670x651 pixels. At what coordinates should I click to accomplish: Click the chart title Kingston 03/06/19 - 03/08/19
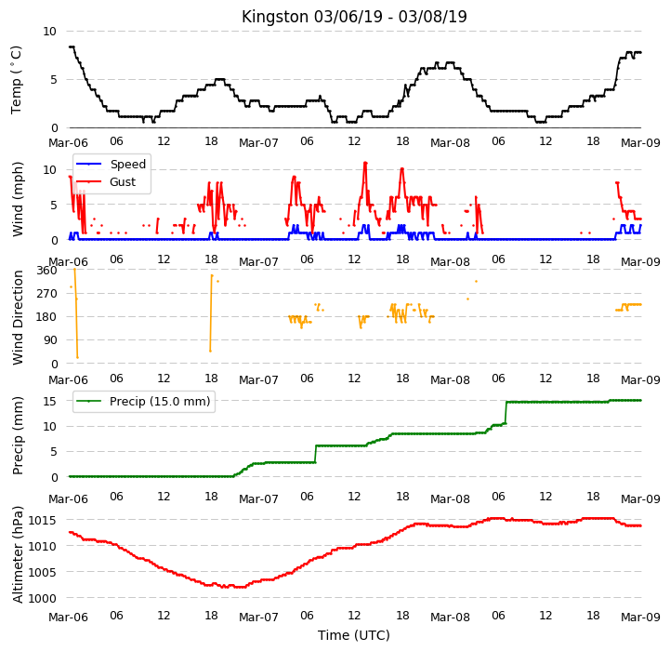(x=354, y=17)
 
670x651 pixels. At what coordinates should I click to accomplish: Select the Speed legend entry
(x=111, y=165)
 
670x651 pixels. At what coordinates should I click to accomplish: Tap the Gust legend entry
(x=106, y=181)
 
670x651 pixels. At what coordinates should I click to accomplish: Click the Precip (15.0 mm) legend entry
(x=143, y=401)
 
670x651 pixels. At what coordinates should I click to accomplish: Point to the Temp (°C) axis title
(x=16, y=80)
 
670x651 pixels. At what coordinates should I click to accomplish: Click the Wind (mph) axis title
(x=17, y=200)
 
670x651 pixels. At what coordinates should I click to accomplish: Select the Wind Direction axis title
(x=18, y=317)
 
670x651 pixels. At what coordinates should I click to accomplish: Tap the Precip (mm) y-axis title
(x=18, y=435)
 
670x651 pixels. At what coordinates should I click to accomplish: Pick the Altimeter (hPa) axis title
(x=18, y=555)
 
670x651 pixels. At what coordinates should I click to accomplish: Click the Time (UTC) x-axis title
(x=354, y=635)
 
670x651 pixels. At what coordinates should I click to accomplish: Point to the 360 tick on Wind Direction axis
(x=47, y=271)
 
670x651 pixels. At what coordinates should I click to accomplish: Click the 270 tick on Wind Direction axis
(x=47, y=294)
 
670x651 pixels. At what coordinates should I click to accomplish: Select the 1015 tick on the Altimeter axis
(x=42, y=521)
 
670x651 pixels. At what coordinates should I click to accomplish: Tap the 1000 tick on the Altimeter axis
(x=42, y=598)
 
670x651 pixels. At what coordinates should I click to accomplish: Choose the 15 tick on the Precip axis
(x=49, y=401)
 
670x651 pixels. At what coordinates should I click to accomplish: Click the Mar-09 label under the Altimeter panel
(x=640, y=617)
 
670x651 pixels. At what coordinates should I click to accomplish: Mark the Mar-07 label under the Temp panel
(x=258, y=142)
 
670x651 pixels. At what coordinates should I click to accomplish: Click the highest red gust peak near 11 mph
(x=365, y=163)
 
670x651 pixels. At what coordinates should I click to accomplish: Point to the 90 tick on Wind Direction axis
(x=50, y=340)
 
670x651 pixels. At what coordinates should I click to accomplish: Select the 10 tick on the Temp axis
(x=49, y=32)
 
